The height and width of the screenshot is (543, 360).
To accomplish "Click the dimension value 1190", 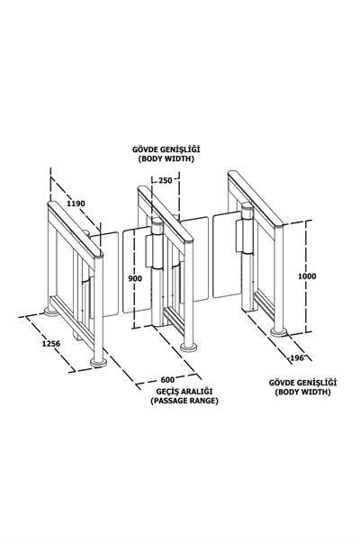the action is coord(76,204).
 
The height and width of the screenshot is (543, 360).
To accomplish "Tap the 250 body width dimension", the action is coord(166,180).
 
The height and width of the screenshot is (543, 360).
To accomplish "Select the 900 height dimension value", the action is coord(135,278).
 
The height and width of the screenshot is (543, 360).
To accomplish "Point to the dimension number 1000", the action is coord(307,276).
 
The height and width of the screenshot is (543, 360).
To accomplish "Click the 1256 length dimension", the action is coord(51,343).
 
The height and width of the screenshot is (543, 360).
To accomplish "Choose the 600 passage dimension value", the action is coord(168,379).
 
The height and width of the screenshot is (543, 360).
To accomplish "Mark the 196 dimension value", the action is coord(297,357).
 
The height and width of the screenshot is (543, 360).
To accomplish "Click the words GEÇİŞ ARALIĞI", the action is coord(184,392).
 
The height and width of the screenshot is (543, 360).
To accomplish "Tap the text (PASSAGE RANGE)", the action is coord(184,401).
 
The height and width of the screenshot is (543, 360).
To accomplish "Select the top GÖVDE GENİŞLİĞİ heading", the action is coord(166,149).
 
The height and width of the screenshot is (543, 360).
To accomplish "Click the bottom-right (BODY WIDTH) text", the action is coord(303,392).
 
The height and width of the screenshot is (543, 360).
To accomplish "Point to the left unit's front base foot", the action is coord(98,362).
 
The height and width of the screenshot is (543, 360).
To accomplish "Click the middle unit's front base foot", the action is coord(189,347).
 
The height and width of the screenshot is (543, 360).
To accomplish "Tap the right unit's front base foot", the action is coord(279,332).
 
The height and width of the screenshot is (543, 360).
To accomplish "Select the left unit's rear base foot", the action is coord(51,312).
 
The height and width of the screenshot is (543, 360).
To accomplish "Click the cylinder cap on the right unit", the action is coord(247,206).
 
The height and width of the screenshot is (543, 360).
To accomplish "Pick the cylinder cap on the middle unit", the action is coord(157,222).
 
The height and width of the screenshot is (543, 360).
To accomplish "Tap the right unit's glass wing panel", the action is coord(227,255).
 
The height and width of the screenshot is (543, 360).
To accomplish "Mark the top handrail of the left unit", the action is coord(75,229).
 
